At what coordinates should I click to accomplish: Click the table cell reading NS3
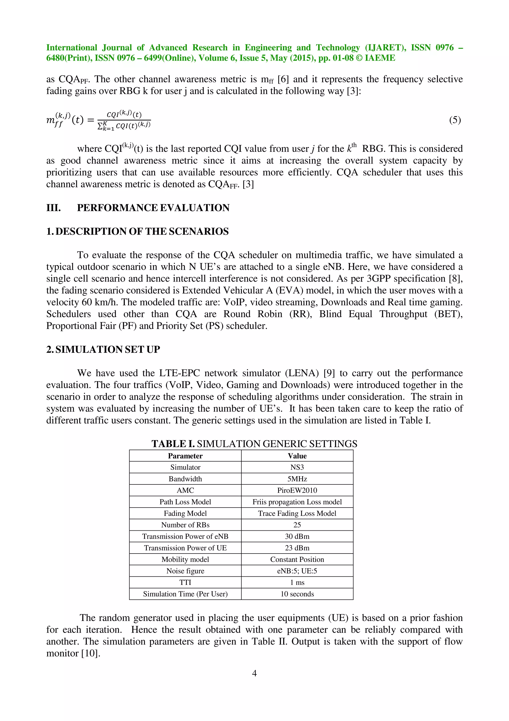tap(297, 467)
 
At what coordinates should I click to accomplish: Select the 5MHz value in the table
tap(297, 479)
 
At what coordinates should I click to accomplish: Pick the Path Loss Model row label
tap(185, 502)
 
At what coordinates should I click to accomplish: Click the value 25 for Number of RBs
tap(297, 525)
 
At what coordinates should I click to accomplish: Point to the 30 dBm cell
tap(297, 536)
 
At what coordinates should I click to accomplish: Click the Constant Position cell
tap(297, 559)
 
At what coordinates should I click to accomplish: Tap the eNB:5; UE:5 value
tap(297, 571)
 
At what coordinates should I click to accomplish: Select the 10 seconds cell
tap(297, 594)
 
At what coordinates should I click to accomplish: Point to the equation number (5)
tap(455, 120)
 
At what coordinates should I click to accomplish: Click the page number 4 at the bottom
tap(254, 673)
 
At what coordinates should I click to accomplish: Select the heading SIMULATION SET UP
tap(108, 349)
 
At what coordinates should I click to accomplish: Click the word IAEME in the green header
tap(380, 58)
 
